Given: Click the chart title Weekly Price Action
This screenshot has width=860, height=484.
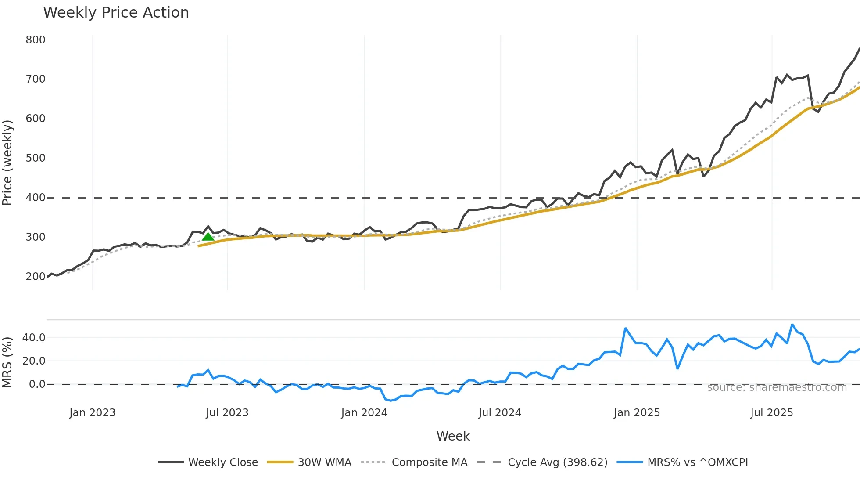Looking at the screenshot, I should pos(116,13).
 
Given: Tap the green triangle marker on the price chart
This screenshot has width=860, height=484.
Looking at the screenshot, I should pos(208,237).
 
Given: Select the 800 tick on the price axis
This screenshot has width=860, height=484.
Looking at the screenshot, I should pos(36,40).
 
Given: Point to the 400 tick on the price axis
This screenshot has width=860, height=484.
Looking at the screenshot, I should pos(36,198).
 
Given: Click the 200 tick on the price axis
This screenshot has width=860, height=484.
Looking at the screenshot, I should pos(36,277).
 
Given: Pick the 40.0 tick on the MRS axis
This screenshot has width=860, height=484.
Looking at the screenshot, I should pos(34,338).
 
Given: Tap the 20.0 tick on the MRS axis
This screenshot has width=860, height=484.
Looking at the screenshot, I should pos(34,361).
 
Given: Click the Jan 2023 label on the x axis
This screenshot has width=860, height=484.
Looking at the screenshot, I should pos(92,413).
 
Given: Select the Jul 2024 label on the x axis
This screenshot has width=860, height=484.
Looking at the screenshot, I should pos(500,413).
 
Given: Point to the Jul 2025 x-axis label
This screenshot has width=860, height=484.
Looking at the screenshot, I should pos(771,413).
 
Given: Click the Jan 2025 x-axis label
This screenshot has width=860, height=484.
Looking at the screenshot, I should pos(637,413).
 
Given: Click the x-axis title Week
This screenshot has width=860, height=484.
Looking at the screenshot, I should pos(453,436).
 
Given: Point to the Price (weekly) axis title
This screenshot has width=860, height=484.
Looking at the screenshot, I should pos(7,163).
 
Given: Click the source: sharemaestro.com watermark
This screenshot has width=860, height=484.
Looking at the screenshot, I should pos(777,387).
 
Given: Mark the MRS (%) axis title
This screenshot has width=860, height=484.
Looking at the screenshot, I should pos(7,362).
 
